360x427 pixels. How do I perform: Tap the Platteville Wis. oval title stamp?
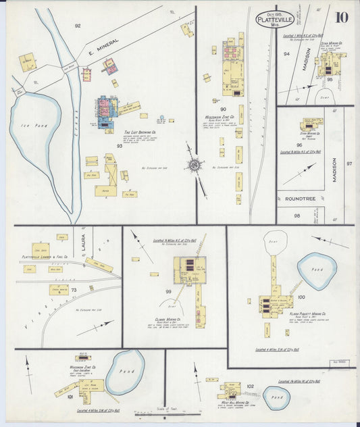(x=275, y=19)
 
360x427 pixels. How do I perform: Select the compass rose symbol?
(x=195, y=164)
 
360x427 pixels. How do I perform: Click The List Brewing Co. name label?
(x=140, y=132)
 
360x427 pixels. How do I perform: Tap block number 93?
(x=120, y=145)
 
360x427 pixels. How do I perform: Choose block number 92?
(x=78, y=25)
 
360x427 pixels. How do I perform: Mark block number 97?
(x=349, y=164)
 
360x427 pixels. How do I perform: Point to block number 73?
(x=73, y=290)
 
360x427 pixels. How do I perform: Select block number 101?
(x=70, y=398)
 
